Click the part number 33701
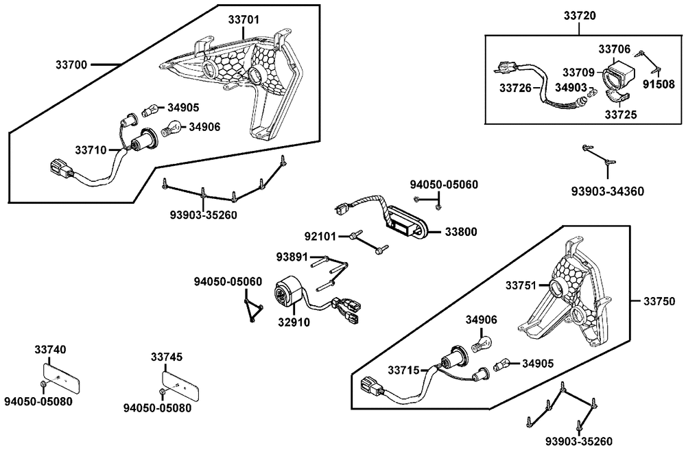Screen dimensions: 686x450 pyautogui.click(x=244, y=20)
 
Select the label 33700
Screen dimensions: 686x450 pyautogui.click(x=71, y=64)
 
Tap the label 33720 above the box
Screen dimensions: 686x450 pyautogui.click(x=579, y=16)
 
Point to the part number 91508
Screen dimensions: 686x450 pyautogui.click(x=659, y=84)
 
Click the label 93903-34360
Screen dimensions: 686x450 pyautogui.click(x=608, y=191)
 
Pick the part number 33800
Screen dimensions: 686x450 pyautogui.click(x=461, y=232)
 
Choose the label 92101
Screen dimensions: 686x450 pyautogui.click(x=320, y=237)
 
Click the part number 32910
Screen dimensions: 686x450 pyautogui.click(x=294, y=322)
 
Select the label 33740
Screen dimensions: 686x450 pyautogui.click(x=50, y=349)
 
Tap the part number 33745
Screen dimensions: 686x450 pyautogui.click(x=167, y=357)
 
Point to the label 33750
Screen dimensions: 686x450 pyautogui.click(x=659, y=301)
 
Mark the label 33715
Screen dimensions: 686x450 pyautogui.click(x=403, y=370)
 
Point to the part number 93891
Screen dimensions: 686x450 pyautogui.click(x=292, y=257)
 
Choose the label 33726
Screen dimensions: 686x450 pyautogui.click(x=515, y=88)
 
